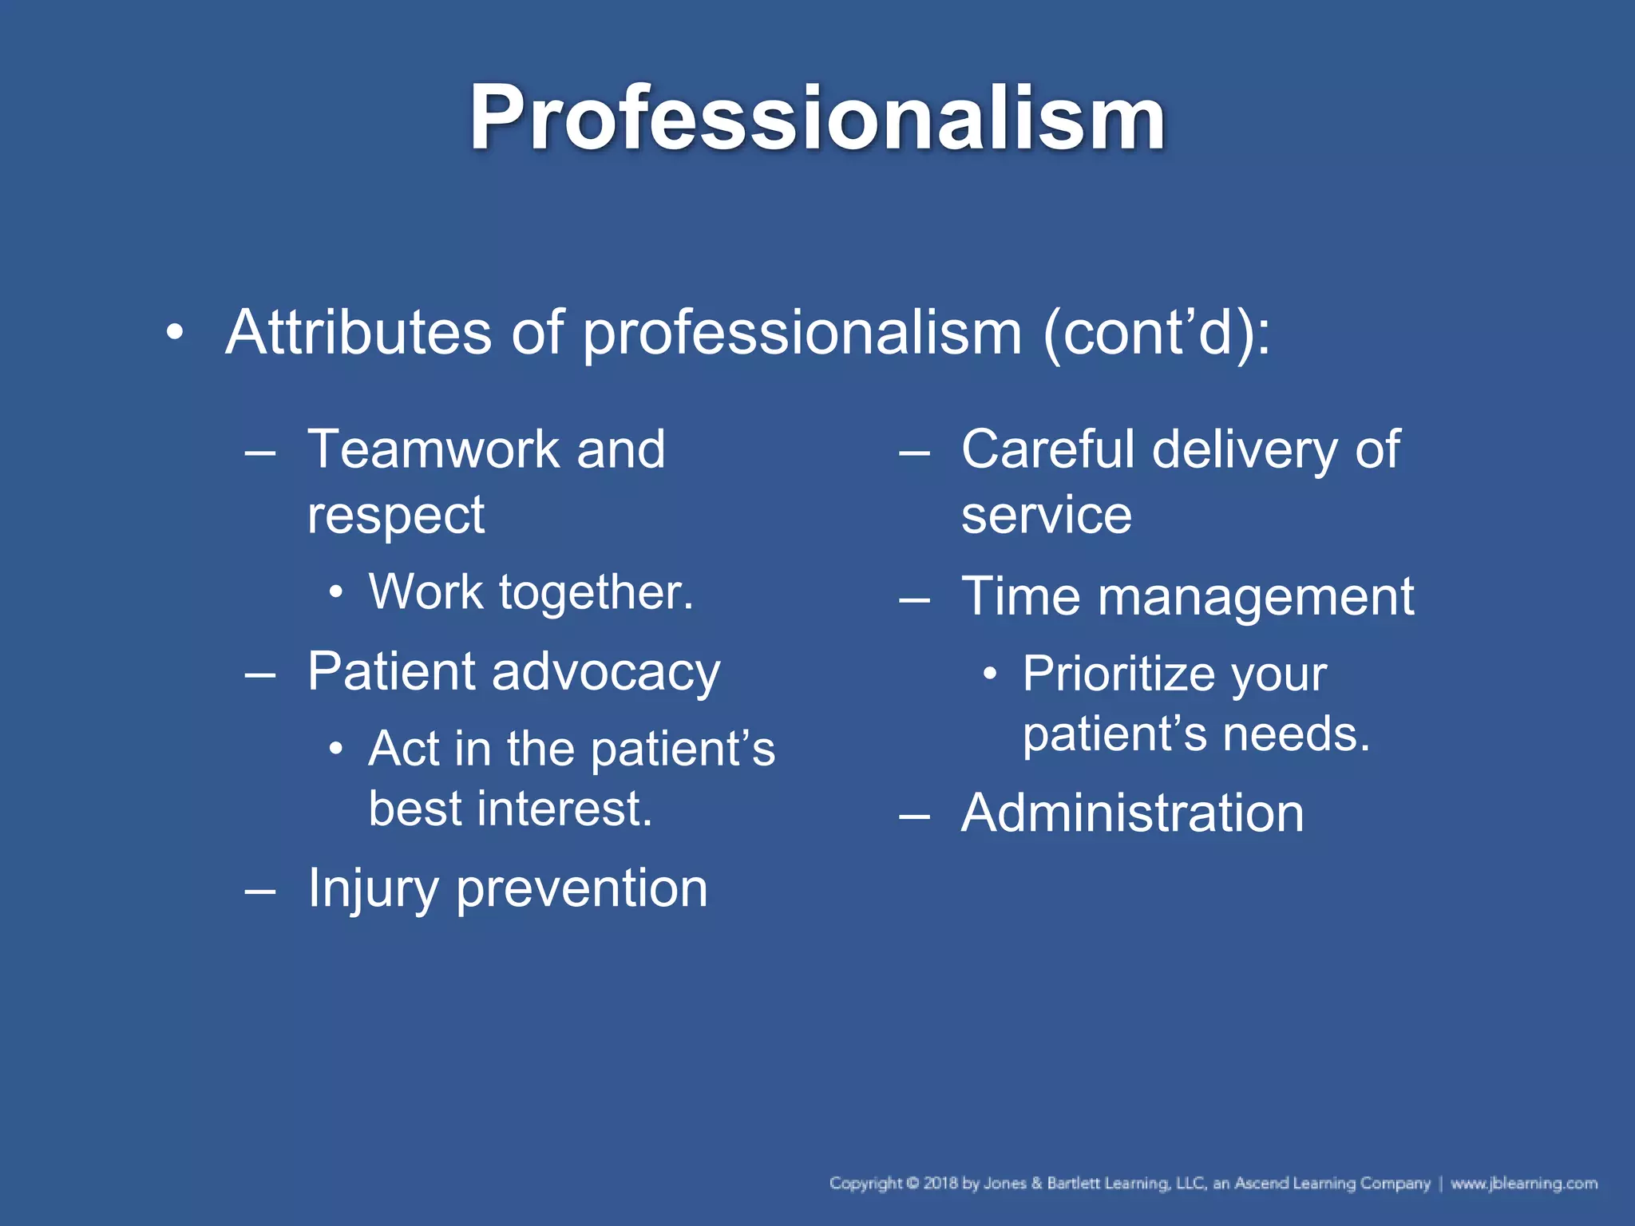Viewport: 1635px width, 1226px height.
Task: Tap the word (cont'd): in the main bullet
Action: (1157, 334)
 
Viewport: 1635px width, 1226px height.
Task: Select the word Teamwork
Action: (433, 449)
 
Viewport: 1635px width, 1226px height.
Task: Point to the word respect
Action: (396, 516)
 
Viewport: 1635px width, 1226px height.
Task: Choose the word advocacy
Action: (606, 672)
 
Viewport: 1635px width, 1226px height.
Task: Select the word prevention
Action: (582, 889)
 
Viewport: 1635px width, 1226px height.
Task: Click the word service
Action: (1047, 515)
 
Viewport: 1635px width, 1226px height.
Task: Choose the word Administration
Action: (1132, 813)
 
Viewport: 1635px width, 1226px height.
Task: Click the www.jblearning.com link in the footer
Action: (1523, 1183)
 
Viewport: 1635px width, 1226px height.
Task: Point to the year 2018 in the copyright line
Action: (941, 1183)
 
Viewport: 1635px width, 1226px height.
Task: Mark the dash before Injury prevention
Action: (260, 889)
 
